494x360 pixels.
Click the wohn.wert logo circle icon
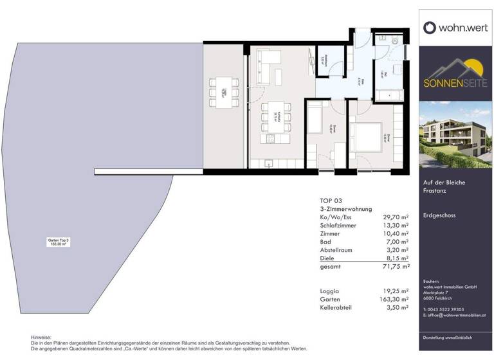pos(430,28)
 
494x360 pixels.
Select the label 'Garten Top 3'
pos(59,240)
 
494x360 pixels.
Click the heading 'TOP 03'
pos(331,201)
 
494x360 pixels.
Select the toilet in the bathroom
pos(395,40)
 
